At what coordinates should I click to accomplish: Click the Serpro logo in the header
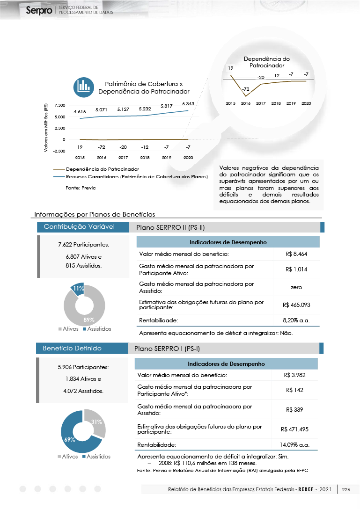[39, 10]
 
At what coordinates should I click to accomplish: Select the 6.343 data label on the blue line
[188, 103]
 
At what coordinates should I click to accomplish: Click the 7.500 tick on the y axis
[60, 106]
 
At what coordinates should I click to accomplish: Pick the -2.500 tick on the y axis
[59, 151]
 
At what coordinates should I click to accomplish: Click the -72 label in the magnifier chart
[245, 89]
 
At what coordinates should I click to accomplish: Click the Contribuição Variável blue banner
[82, 227]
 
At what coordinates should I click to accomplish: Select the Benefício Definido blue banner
[82, 349]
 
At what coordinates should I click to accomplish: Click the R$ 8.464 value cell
[296, 254]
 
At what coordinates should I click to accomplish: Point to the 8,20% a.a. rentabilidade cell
[296, 320]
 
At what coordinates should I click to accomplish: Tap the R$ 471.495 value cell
[295, 429]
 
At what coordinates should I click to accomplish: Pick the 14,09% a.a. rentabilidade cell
[295, 444]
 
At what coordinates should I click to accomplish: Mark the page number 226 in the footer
[346, 489]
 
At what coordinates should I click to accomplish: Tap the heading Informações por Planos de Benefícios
[94, 214]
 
